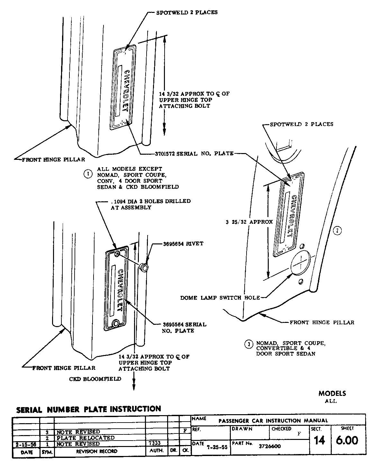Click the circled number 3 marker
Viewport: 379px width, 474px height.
pyautogui.click(x=248, y=344)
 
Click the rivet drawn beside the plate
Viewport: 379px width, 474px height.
pyautogui.click(x=144, y=267)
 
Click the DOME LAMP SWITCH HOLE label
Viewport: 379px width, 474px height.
pyautogui.click(x=220, y=298)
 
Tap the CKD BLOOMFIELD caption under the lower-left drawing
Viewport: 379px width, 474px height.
pyautogui.click(x=95, y=379)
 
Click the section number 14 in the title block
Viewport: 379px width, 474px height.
pyautogui.click(x=319, y=440)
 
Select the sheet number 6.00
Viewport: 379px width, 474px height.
pyautogui.click(x=347, y=440)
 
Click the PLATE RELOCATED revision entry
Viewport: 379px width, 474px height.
pyautogui.click(x=86, y=438)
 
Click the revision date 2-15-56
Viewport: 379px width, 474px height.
pyautogui.click(x=26, y=444)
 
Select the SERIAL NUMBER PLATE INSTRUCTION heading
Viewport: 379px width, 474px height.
pyautogui.click(x=88, y=409)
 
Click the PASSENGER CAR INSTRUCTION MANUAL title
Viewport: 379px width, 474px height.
pyautogui.click(x=273, y=421)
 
